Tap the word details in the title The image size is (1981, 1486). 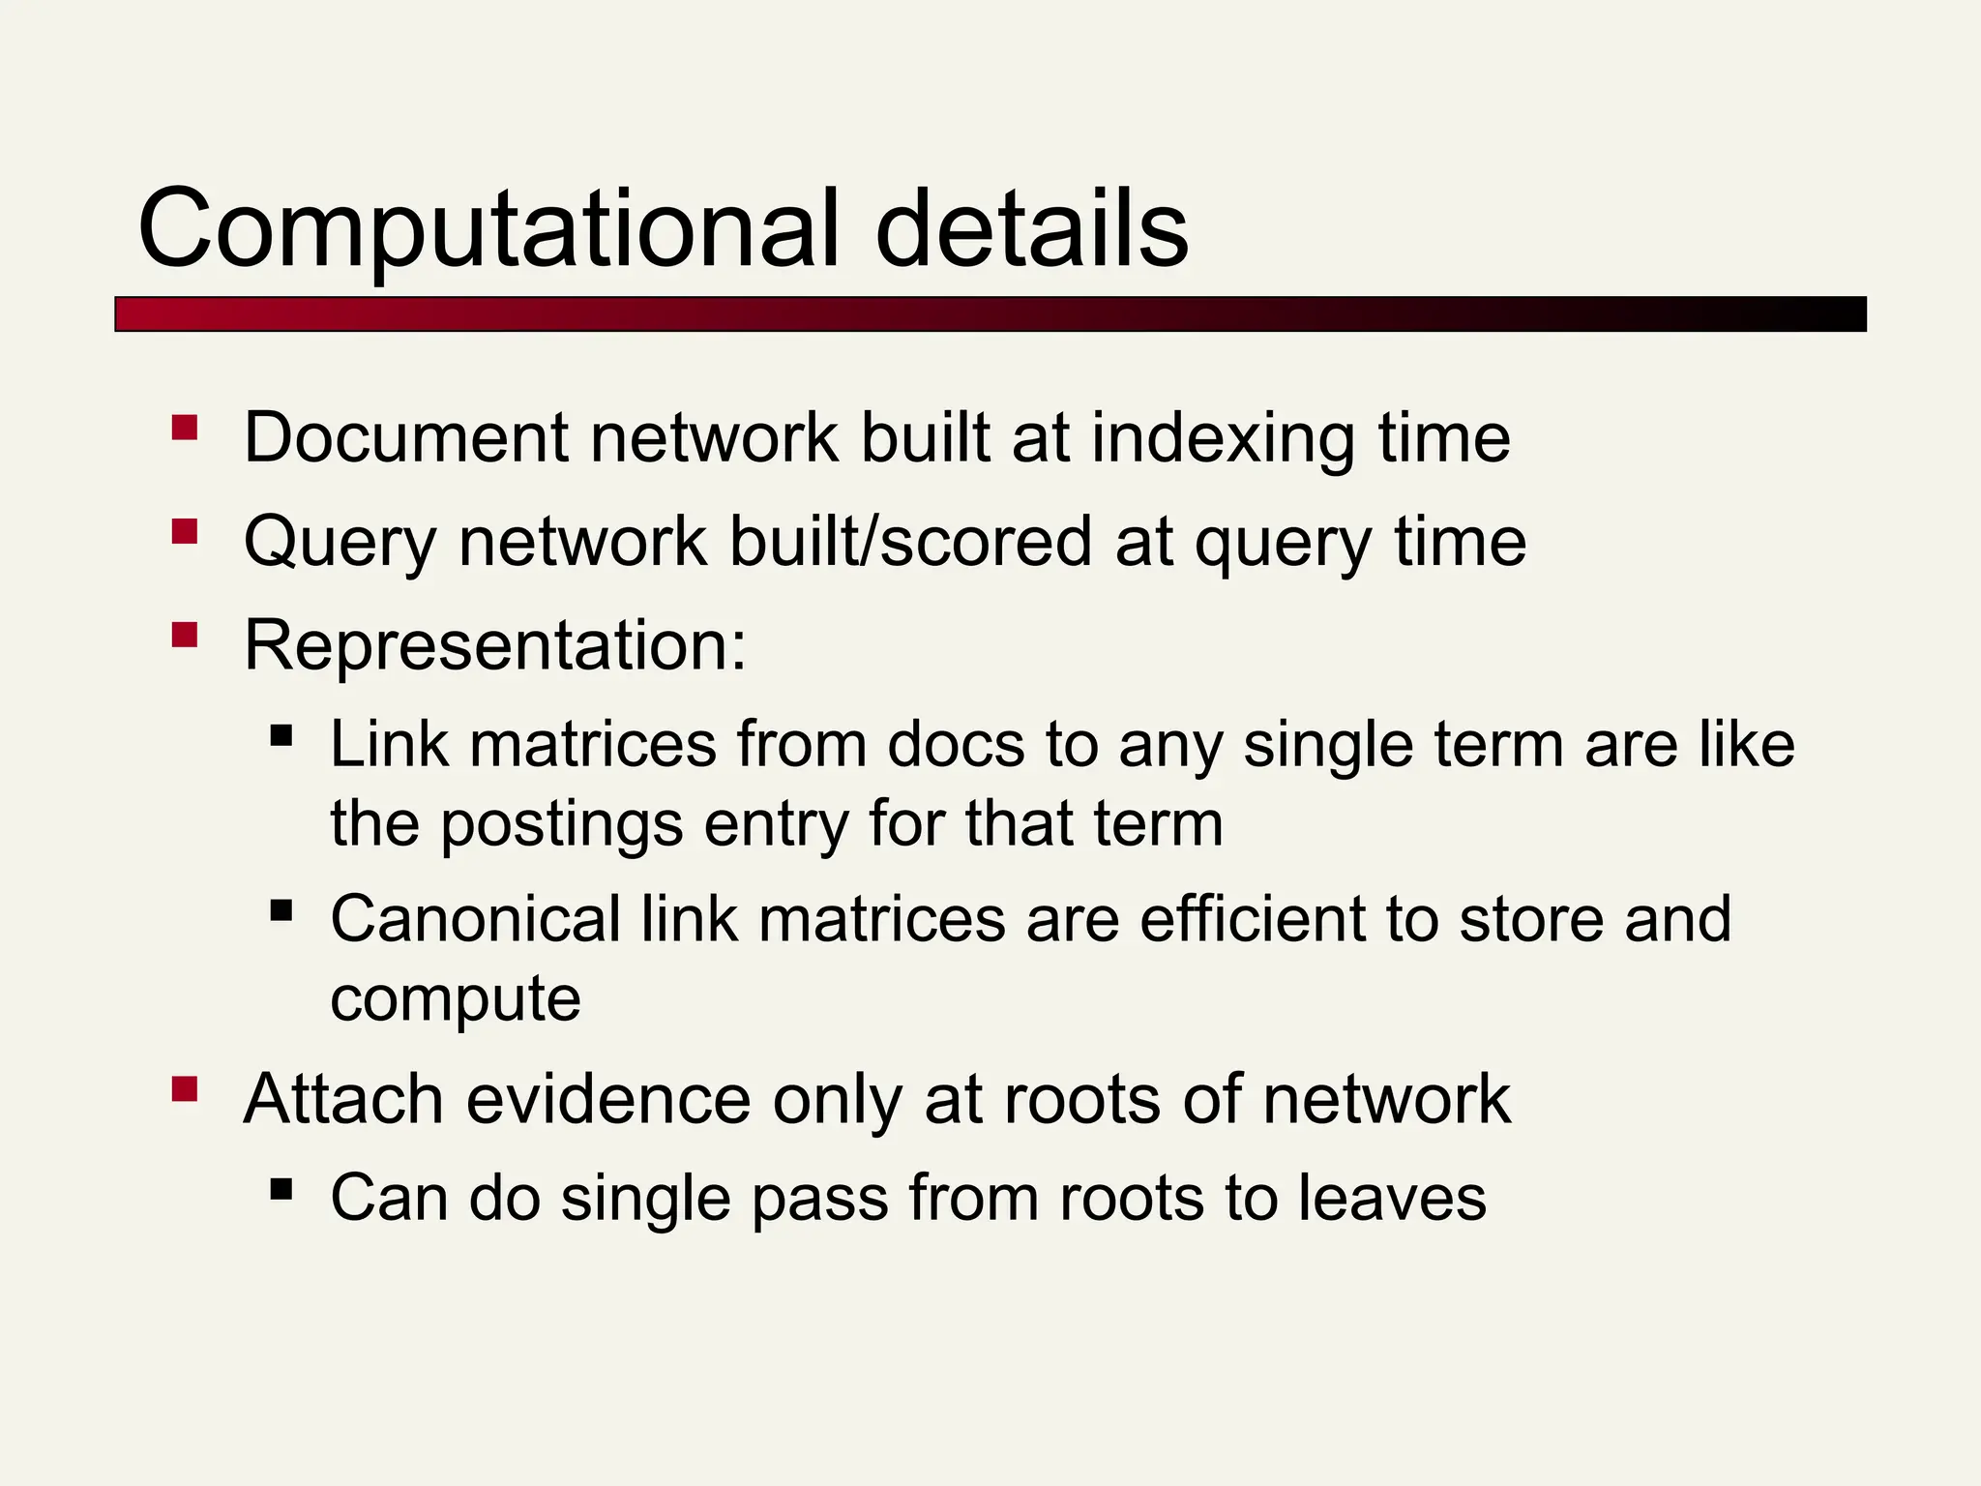point(1031,230)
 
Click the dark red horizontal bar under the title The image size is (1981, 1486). point(990,314)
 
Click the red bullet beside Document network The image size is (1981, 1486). point(185,428)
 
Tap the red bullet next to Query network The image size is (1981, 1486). point(185,531)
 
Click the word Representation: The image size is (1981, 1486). point(495,645)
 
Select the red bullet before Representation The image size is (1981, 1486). point(185,635)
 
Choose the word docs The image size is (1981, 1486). point(956,745)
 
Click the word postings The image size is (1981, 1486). point(562,825)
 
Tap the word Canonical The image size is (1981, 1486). point(476,919)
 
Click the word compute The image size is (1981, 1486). point(456,1000)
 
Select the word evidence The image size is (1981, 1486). point(608,1100)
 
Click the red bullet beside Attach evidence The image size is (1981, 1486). point(185,1090)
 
